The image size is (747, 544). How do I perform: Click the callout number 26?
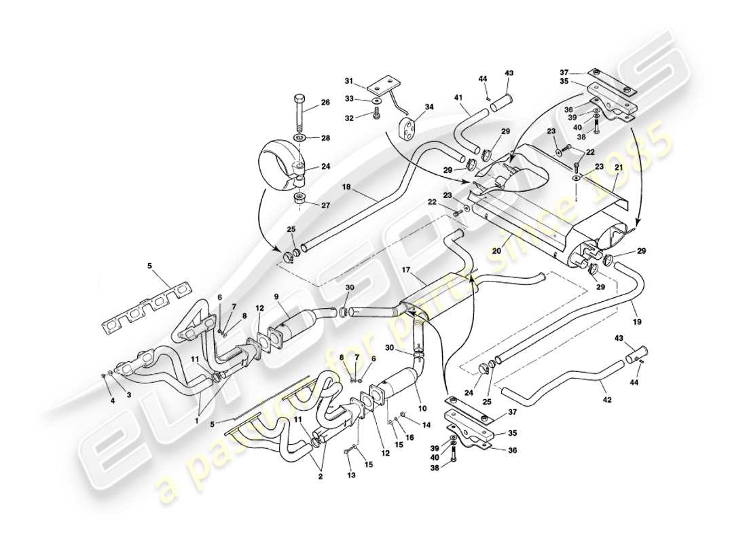(325, 103)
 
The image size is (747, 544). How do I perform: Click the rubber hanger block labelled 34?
(408, 127)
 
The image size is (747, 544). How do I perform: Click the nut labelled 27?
(299, 199)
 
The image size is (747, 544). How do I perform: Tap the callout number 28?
(325, 138)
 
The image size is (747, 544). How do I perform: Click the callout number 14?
(426, 425)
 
